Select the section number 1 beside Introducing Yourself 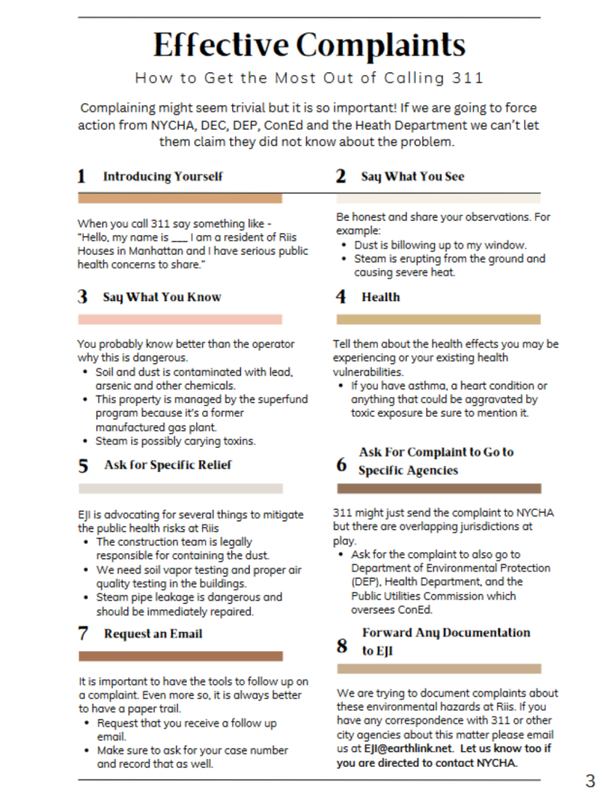81,176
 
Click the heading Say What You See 412,176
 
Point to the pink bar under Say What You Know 180,319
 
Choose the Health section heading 380,296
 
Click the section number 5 82,466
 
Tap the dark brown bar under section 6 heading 438,488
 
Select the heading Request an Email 153,633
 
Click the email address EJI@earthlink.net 409,749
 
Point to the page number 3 590,780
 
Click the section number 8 341,646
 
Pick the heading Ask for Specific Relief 167,465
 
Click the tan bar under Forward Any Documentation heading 438,668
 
